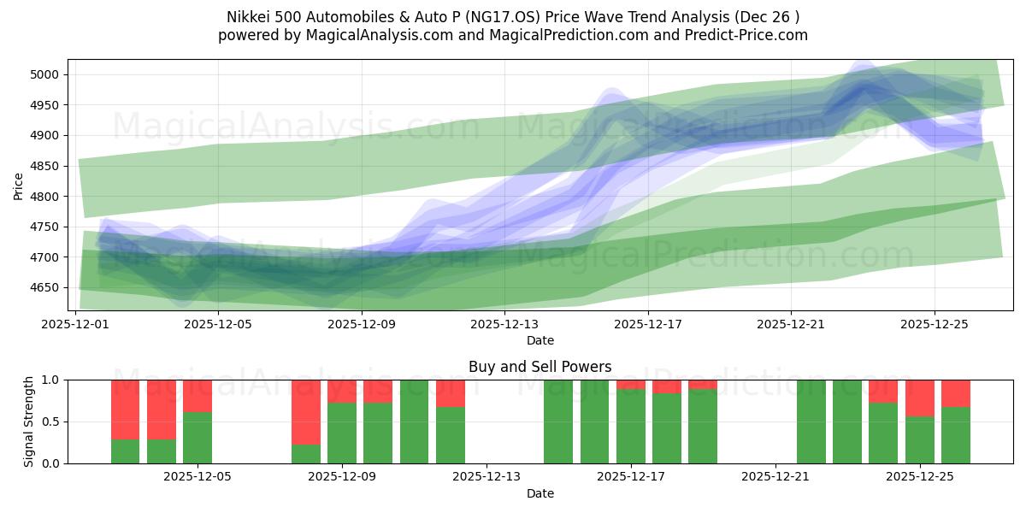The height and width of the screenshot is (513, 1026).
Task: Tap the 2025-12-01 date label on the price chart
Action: click(76, 324)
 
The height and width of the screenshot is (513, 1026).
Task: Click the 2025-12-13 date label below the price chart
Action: click(504, 324)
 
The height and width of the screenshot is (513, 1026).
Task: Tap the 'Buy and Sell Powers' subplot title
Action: click(540, 367)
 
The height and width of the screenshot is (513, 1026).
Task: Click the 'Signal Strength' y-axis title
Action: click(30, 422)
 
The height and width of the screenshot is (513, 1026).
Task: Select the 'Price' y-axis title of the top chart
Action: click(19, 185)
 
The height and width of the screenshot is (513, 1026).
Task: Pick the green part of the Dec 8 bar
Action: click(305, 453)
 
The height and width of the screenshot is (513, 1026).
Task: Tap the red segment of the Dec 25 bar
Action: click(920, 398)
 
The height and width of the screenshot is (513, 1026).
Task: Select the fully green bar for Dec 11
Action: click(414, 422)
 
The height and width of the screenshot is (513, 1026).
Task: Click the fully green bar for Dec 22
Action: click(811, 422)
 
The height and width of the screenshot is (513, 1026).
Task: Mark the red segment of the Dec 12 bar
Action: click(450, 392)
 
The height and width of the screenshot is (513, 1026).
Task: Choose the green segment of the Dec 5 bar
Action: click(198, 438)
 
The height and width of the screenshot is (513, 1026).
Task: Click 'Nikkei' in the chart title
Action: click(248, 17)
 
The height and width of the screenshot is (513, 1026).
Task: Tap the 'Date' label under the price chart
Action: click(540, 340)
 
